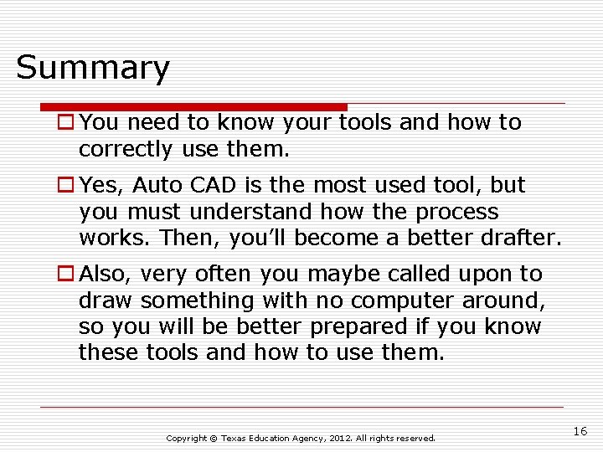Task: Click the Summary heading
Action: [93, 68]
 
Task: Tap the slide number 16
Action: [580, 430]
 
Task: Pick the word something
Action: [198, 300]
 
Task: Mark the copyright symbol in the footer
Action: [213, 439]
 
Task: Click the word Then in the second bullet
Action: [188, 238]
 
